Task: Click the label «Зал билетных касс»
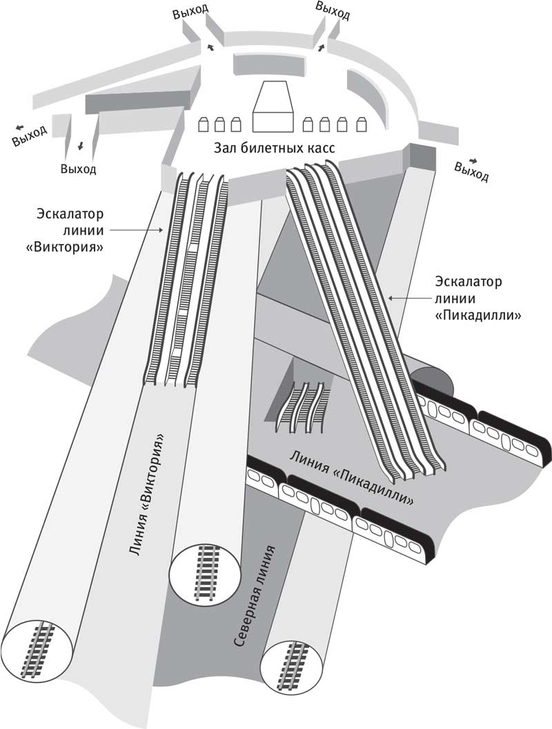click(x=275, y=148)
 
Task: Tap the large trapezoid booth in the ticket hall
click(x=273, y=107)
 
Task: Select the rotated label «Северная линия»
click(x=253, y=597)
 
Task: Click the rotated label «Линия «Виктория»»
click(x=146, y=495)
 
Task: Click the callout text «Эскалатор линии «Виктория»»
click(x=70, y=230)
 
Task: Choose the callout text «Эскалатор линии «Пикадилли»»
click(x=477, y=299)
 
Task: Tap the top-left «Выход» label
click(x=190, y=12)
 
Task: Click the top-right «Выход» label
click(x=332, y=10)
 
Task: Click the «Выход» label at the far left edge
click(x=30, y=136)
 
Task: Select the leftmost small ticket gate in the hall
click(x=204, y=125)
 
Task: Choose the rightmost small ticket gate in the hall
click(x=361, y=125)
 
